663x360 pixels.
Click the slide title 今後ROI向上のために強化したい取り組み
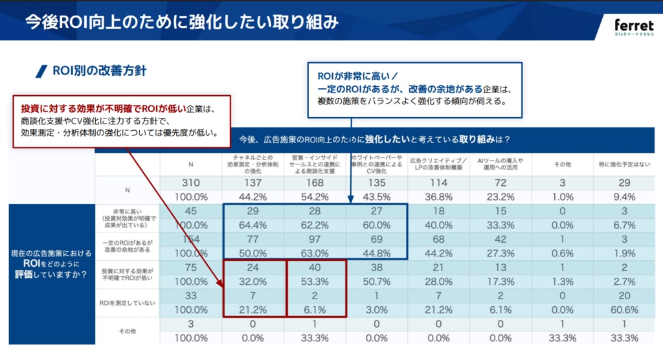coord(182,22)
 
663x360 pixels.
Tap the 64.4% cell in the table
coord(253,225)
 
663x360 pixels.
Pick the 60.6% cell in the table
coord(625,309)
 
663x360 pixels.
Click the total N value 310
coord(190,183)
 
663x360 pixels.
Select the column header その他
coord(563,164)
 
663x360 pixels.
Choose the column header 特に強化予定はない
coord(625,164)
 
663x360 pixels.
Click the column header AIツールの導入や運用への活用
coord(500,164)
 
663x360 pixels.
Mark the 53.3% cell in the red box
coord(315,281)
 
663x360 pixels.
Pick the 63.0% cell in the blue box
coord(315,253)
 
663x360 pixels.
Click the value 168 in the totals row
coord(315,183)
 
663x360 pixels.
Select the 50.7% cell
coord(377,281)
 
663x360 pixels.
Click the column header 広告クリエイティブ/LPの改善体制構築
coord(439,164)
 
